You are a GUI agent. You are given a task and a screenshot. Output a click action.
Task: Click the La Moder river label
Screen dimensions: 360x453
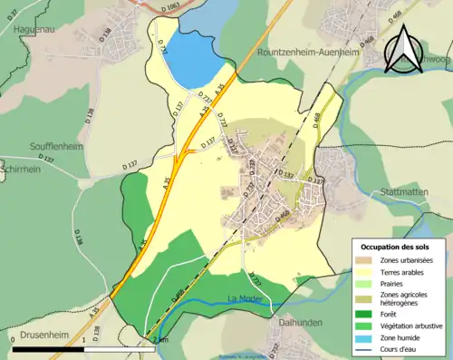245,297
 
